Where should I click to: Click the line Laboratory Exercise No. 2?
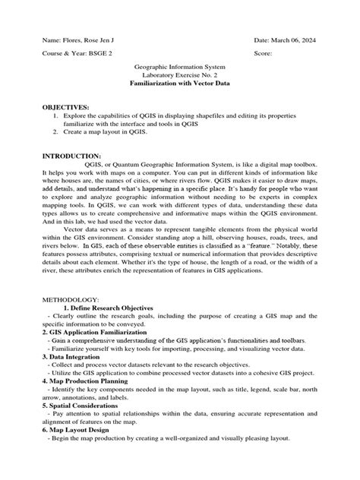(180, 77)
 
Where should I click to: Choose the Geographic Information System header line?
(180, 68)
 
